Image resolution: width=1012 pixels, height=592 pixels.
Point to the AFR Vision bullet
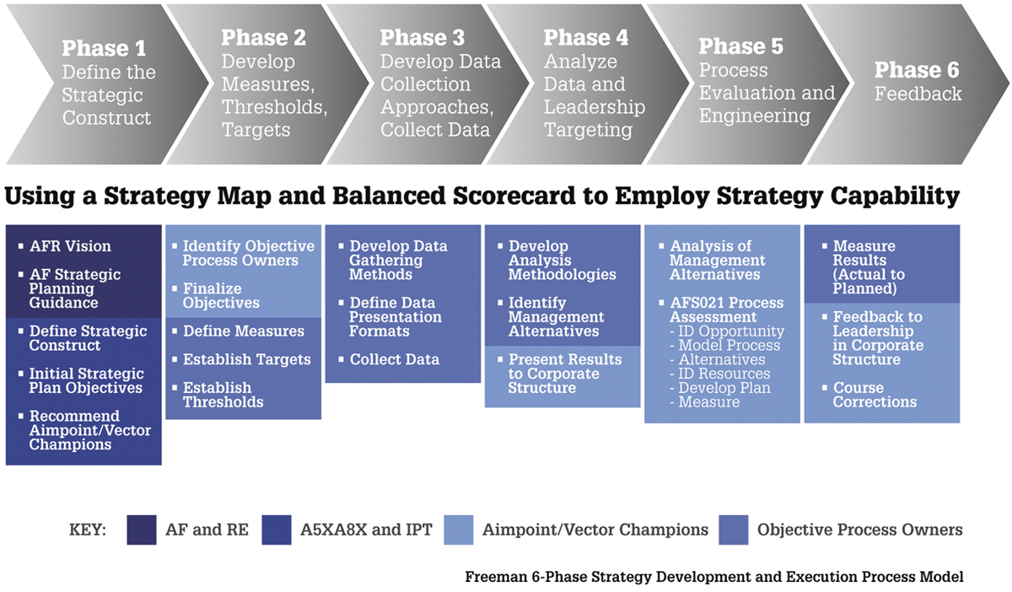(x=70, y=246)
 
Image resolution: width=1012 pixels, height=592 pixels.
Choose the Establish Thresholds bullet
(x=223, y=395)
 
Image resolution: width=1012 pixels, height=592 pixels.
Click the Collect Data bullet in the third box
(x=394, y=359)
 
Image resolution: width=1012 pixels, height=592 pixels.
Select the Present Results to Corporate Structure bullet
(x=564, y=374)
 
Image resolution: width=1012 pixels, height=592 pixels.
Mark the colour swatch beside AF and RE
(x=142, y=530)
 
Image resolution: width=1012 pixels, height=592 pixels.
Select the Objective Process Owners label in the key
(x=859, y=530)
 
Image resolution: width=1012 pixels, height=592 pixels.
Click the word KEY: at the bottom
(x=87, y=530)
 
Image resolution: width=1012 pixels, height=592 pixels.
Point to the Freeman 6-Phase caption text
(x=713, y=578)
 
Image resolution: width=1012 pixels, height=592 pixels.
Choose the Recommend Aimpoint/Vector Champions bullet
(x=89, y=430)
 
